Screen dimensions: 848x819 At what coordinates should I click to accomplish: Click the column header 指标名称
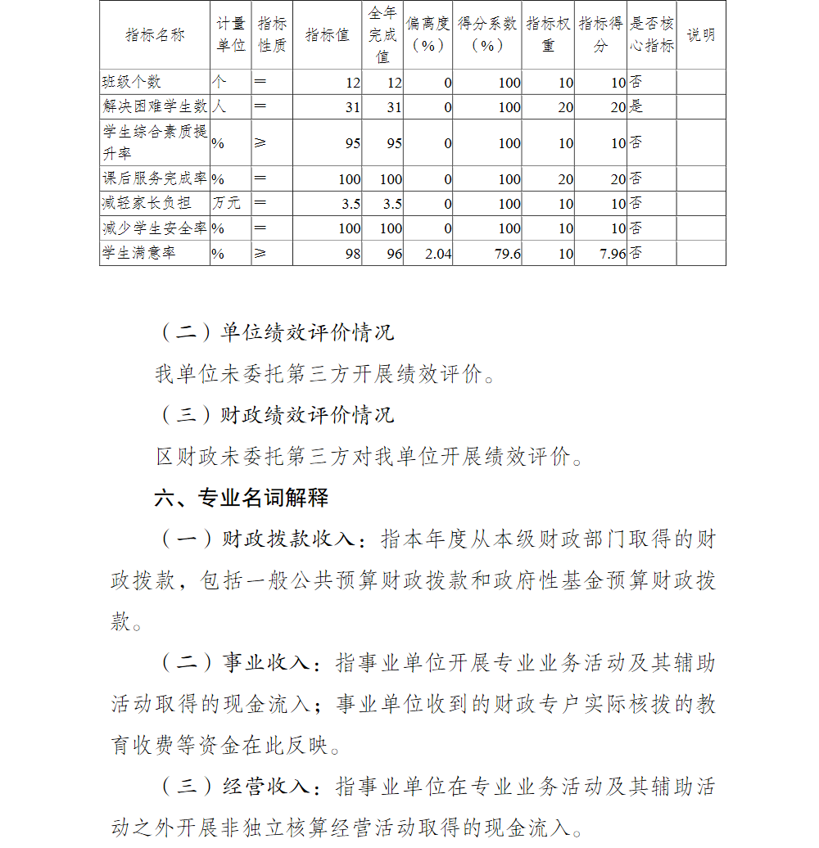[x=156, y=35]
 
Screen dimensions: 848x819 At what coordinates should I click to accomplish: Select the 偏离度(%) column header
[x=428, y=35]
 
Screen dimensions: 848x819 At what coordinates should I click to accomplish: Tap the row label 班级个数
[x=131, y=82]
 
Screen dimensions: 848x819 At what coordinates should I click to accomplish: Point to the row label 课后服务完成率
[x=155, y=178]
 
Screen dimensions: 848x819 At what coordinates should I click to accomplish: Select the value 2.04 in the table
[x=438, y=254]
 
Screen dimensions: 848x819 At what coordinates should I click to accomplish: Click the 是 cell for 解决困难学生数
[x=636, y=106]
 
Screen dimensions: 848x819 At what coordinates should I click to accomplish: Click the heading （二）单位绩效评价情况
[x=275, y=332]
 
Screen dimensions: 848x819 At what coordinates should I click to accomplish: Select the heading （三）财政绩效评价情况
[x=275, y=415]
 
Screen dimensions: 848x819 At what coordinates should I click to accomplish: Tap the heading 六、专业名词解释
[x=241, y=498]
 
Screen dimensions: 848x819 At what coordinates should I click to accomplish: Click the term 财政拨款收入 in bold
[x=290, y=539]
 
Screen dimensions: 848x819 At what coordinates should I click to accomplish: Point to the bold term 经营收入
[x=267, y=787]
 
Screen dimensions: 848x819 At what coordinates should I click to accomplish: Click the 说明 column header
[x=700, y=35]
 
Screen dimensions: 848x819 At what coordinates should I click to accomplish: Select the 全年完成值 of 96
[x=394, y=254]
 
